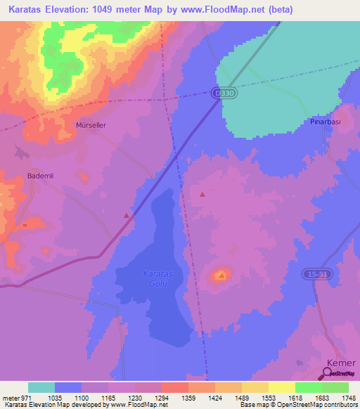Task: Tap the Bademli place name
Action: coord(39,176)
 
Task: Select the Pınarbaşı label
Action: coord(325,122)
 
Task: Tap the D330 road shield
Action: coord(221,92)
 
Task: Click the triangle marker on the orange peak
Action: coord(221,275)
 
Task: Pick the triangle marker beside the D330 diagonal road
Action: coord(127,215)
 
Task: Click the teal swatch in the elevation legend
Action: coord(41,387)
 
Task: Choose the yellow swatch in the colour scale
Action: coord(281,387)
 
